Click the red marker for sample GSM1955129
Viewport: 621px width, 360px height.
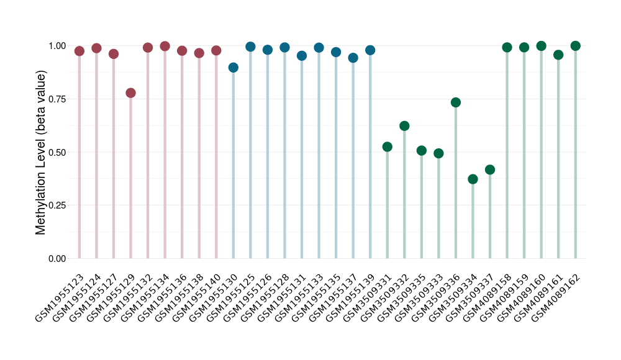click(x=130, y=93)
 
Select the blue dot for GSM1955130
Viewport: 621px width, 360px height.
click(x=233, y=68)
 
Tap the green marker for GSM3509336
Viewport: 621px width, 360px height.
click(x=456, y=102)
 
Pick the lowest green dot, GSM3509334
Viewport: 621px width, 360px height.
click(x=473, y=179)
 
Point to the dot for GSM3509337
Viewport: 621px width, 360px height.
click(x=490, y=169)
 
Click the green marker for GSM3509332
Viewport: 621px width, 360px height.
click(x=404, y=126)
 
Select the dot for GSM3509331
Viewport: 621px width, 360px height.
click(x=388, y=147)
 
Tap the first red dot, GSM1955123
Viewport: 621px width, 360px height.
click(x=79, y=51)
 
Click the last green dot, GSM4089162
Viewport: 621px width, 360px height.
click(x=575, y=46)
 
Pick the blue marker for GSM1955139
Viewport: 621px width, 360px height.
click(x=370, y=50)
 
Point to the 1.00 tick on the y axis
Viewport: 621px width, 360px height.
click(x=57, y=46)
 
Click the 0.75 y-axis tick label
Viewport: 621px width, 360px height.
click(x=57, y=99)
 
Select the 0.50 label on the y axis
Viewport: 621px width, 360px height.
click(x=57, y=152)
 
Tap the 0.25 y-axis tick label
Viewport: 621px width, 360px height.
click(x=57, y=205)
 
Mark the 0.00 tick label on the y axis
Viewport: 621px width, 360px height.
click(x=57, y=258)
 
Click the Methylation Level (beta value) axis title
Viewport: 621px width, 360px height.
click(x=41, y=152)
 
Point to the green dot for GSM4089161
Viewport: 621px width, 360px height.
click(x=558, y=55)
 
